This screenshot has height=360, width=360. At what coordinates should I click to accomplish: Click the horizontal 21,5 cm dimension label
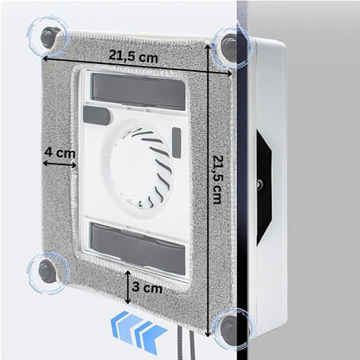point(133,56)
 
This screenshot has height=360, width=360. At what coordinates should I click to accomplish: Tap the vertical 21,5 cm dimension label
point(217,179)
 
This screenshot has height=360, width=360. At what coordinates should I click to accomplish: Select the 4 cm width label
point(60,152)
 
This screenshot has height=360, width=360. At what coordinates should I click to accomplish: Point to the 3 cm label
point(147,287)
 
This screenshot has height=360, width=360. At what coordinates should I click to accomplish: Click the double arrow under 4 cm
point(60,164)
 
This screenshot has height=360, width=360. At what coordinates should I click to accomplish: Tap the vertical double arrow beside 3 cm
point(128,286)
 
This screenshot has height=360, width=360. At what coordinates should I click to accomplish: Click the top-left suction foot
point(49,37)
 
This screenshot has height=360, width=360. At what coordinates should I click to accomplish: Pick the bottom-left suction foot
point(47,271)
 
